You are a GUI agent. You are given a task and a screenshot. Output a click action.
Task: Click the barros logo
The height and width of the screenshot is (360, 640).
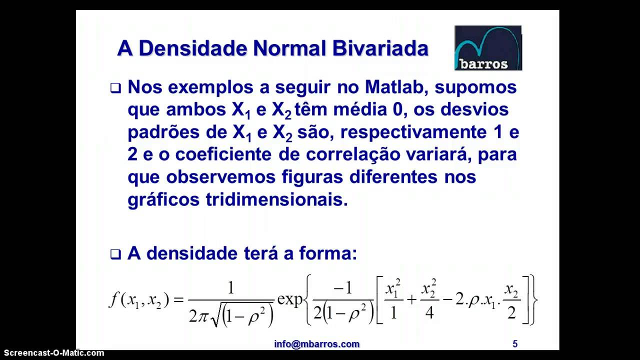coord(487,48)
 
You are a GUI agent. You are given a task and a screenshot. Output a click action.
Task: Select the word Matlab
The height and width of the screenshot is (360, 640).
coord(397,87)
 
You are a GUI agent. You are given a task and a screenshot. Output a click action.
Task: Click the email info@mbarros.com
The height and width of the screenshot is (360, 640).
coord(316,344)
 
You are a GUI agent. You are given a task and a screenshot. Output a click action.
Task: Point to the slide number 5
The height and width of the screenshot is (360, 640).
coord(515,344)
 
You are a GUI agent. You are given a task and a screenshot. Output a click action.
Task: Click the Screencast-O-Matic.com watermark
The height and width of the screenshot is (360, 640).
coord(52,353)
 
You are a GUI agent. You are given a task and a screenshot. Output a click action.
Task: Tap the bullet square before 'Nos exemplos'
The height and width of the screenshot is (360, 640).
coord(115,88)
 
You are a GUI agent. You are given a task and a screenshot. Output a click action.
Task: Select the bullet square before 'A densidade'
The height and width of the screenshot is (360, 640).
coord(115,254)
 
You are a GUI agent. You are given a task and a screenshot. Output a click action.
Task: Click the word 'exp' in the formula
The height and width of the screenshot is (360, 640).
coord(290,299)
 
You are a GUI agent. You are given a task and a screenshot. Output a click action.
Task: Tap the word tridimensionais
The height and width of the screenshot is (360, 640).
coord(276,199)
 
